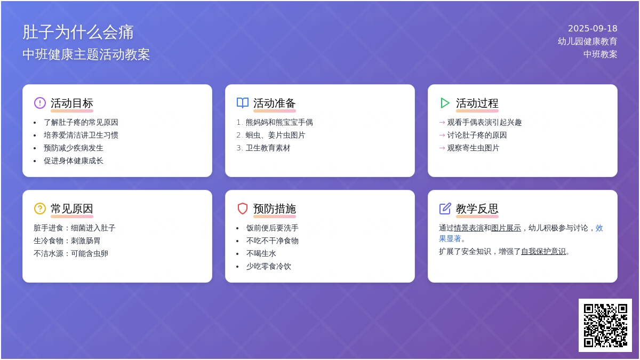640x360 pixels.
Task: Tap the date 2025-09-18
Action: (x=593, y=29)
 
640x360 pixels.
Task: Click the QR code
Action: (x=605, y=325)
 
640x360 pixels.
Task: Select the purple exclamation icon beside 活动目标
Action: (x=39, y=103)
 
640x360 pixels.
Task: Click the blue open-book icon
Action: (x=243, y=103)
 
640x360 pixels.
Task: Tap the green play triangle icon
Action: (x=445, y=103)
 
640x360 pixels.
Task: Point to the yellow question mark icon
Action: (x=39, y=209)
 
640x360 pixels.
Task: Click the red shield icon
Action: (x=243, y=209)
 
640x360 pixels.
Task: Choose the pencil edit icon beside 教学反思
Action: (x=445, y=209)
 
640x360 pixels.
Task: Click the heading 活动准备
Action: (x=274, y=103)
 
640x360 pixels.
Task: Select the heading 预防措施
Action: (x=274, y=209)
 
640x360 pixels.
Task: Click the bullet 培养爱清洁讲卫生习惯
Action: (x=81, y=135)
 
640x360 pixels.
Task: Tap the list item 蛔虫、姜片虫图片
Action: (x=275, y=135)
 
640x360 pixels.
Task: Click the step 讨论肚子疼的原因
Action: (x=477, y=135)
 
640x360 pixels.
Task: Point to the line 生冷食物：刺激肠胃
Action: (x=67, y=241)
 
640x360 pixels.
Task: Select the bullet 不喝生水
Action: (x=261, y=254)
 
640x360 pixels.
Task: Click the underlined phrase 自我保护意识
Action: (x=543, y=251)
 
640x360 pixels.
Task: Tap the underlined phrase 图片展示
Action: (x=506, y=228)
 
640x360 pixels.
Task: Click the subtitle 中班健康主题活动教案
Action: (x=86, y=54)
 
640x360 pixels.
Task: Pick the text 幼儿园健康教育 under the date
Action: (x=587, y=42)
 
